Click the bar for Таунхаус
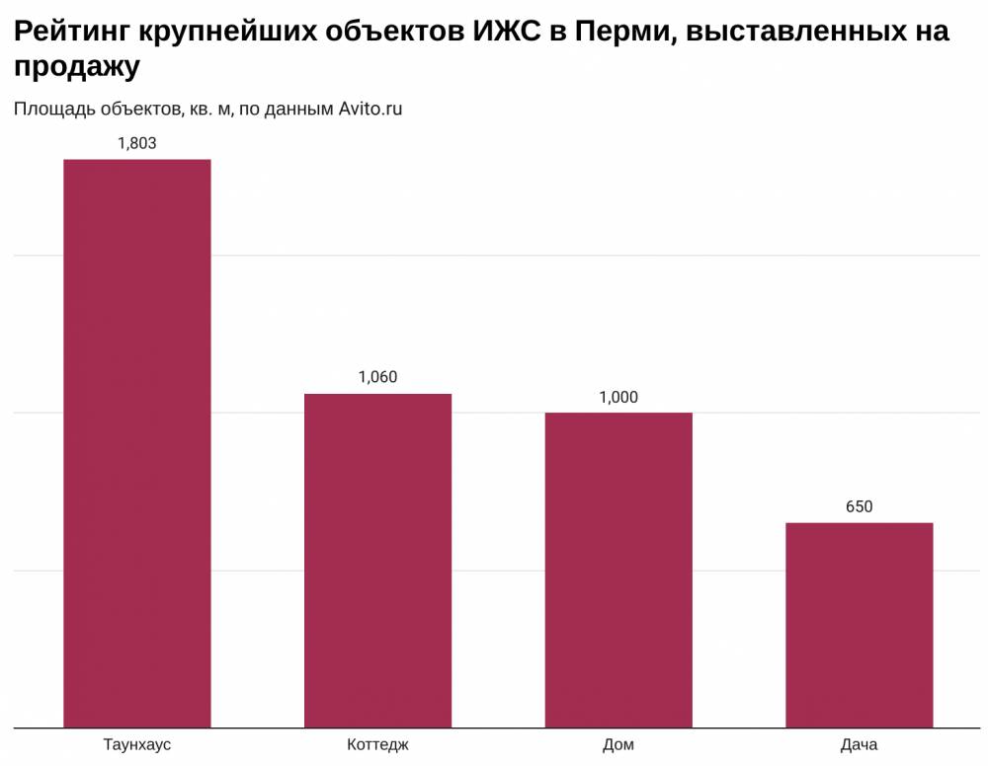tap(137, 444)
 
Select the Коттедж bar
tap(377, 561)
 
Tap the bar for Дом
tap(618, 571)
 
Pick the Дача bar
tap(859, 625)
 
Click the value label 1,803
tap(136, 143)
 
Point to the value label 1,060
tap(377, 377)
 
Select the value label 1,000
tap(618, 397)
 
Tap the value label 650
tap(859, 506)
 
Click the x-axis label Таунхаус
tap(137, 744)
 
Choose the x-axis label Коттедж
tap(377, 744)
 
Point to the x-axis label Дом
tap(618, 744)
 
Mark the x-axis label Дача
tap(859, 744)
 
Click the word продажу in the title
tap(77, 66)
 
